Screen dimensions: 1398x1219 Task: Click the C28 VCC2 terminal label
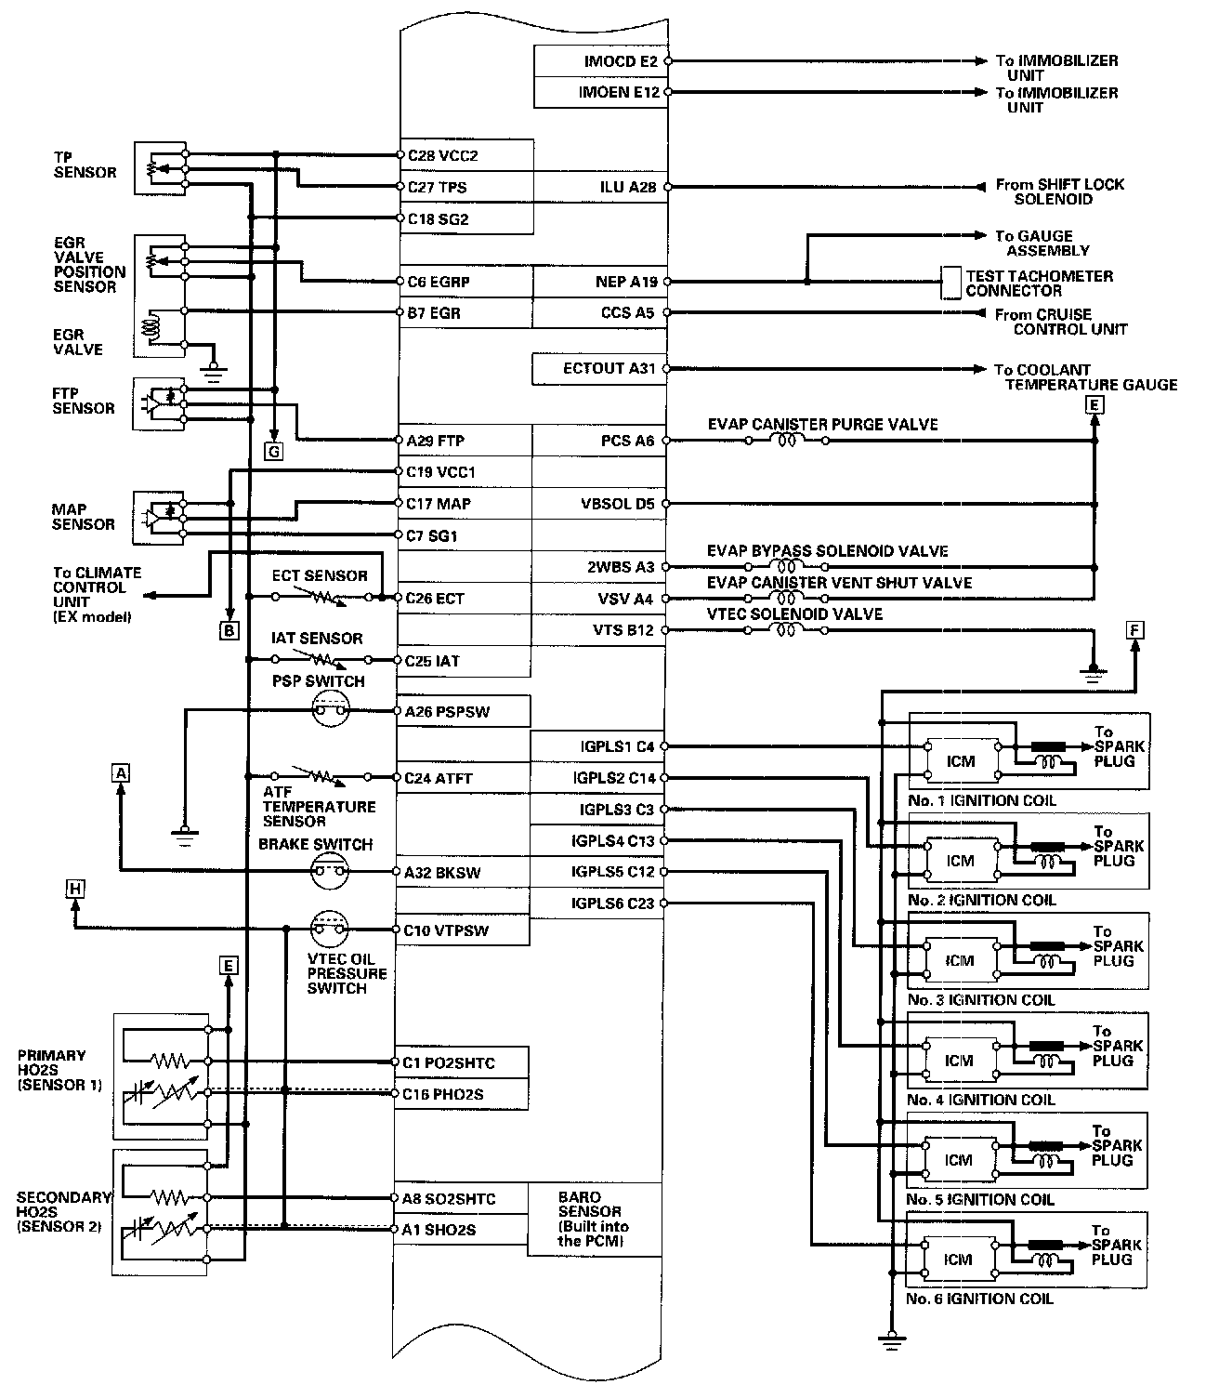pyautogui.click(x=443, y=156)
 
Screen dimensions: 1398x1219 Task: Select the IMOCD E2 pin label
pyautogui.click(x=620, y=61)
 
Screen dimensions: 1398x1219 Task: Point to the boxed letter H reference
pyautogui.click(x=75, y=890)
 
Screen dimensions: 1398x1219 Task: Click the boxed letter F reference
pyautogui.click(x=1134, y=630)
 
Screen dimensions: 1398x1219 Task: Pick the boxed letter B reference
pyautogui.click(x=229, y=630)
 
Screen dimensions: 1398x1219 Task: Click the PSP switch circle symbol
pyautogui.click(x=329, y=712)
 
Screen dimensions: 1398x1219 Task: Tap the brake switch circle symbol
pyautogui.click(x=329, y=872)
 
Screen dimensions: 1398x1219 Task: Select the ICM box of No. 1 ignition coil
pyautogui.click(x=961, y=761)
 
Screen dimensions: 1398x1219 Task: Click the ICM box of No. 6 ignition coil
pyautogui.click(x=958, y=1260)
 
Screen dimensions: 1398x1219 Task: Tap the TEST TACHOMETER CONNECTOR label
pyautogui.click(x=1039, y=283)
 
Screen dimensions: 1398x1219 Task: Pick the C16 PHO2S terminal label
pyautogui.click(x=443, y=1095)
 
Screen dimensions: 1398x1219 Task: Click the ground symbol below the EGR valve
pyautogui.click(x=215, y=376)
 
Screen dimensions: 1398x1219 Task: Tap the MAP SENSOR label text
pyautogui.click(x=84, y=517)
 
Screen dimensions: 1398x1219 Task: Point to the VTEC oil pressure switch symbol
pyautogui.click(x=329, y=930)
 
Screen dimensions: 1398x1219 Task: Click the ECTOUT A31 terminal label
pyautogui.click(x=609, y=369)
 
